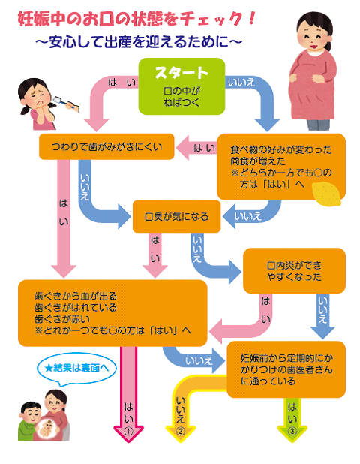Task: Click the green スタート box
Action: click(181, 85)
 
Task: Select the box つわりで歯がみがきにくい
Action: click(106, 146)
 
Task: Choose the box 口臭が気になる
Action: click(176, 218)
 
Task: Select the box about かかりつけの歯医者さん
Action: click(286, 369)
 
